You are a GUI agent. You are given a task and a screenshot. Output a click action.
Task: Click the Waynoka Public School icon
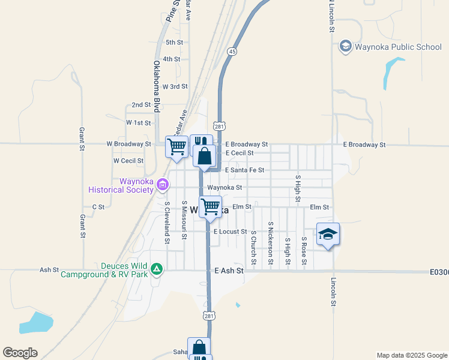click(x=346, y=46)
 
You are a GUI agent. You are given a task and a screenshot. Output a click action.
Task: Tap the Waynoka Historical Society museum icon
click(x=162, y=184)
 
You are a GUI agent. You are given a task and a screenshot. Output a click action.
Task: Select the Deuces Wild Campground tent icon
click(x=157, y=269)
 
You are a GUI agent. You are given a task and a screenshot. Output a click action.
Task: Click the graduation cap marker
click(x=328, y=234)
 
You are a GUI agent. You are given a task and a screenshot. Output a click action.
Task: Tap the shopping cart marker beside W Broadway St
click(x=177, y=146)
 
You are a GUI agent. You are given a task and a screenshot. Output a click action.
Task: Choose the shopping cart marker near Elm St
click(x=210, y=208)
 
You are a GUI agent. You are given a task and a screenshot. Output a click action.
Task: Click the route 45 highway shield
click(x=232, y=52)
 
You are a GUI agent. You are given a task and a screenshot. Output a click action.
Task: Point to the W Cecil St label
click(x=128, y=161)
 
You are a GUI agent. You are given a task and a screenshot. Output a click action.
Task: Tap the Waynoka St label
click(x=224, y=187)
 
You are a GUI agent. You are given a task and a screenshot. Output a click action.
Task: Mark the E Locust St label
click(x=231, y=232)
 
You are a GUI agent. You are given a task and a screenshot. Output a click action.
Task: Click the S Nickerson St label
click(x=271, y=243)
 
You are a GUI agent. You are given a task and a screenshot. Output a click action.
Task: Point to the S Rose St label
click(x=304, y=251)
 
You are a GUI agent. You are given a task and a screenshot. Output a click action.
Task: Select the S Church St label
click(x=254, y=247)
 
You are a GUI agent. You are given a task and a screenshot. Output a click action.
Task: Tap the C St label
click(x=98, y=207)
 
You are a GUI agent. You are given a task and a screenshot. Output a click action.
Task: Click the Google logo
click(x=20, y=352)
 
